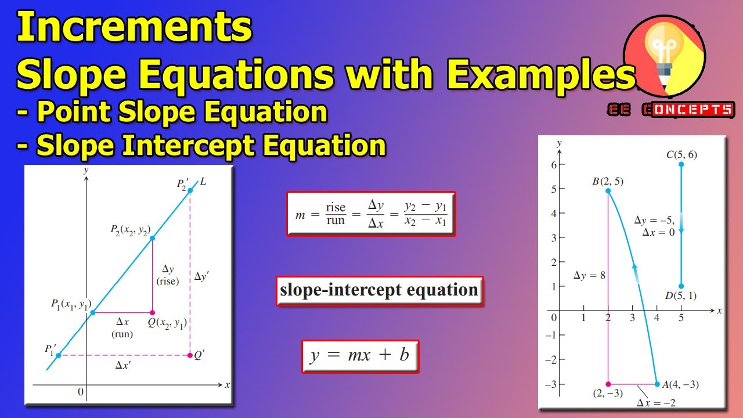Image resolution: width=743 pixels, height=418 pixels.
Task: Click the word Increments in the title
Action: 135,27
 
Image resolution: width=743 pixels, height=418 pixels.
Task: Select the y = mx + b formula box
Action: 360,355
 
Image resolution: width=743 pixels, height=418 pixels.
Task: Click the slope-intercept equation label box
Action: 379,290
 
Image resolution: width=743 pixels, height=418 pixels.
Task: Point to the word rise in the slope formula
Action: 336,208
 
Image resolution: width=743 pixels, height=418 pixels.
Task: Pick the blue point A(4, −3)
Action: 657,384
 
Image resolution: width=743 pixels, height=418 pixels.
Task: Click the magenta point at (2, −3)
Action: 608,384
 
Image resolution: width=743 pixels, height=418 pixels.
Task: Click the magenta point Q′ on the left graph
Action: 190,355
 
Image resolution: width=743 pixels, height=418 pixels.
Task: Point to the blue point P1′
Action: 58,355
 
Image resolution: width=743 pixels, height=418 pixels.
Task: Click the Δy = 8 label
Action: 589,275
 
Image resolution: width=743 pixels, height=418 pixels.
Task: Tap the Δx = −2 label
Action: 656,402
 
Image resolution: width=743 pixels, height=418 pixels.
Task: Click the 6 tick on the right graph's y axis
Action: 554,165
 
